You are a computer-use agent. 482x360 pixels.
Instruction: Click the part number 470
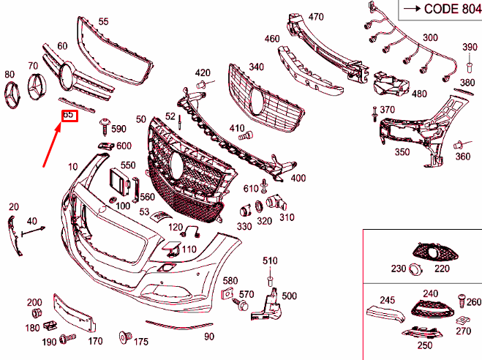click(x=315, y=17)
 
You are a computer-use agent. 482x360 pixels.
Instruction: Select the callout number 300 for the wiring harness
click(x=430, y=38)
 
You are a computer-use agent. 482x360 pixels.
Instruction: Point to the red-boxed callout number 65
click(x=69, y=116)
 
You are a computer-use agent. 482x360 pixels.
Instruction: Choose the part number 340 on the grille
click(x=256, y=67)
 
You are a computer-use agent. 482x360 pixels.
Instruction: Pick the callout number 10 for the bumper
click(x=72, y=167)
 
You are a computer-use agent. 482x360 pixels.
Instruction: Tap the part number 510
click(x=271, y=260)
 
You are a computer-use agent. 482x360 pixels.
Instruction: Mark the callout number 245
click(x=387, y=299)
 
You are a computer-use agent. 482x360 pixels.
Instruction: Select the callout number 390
click(x=469, y=48)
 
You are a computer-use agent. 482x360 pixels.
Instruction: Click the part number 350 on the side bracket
click(x=402, y=153)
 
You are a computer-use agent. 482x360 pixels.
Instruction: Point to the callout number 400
click(x=298, y=178)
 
